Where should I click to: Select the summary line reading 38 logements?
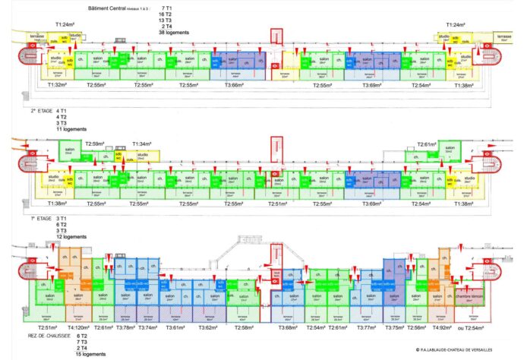(x=172, y=33)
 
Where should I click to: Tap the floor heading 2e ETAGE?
(x=44, y=112)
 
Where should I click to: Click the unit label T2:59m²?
(x=97, y=144)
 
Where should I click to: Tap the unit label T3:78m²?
(x=127, y=327)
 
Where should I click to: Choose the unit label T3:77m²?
(x=366, y=327)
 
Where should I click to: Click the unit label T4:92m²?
(x=441, y=327)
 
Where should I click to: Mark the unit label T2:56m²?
(x=417, y=327)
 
